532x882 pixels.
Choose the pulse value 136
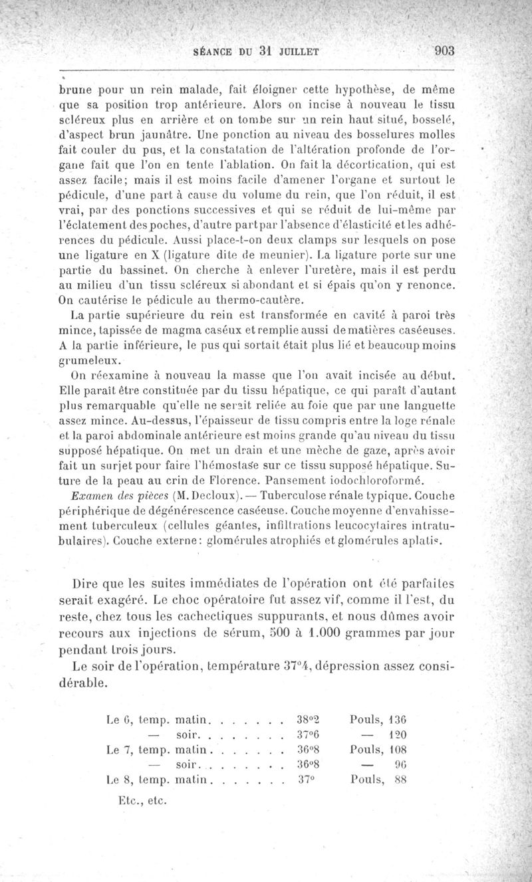point(401,719)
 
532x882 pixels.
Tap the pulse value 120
point(401,735)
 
